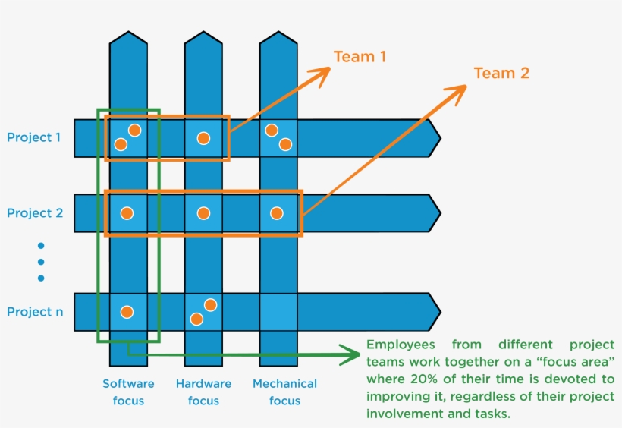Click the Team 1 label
point(360,57)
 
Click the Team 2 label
point(501,74)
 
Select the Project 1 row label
point(34,137)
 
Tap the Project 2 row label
point(34,213)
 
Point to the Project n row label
point(34,312)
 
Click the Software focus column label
point(128,392)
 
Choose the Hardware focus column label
point(203,392)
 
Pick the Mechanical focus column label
point(284,392)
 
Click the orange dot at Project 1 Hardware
point(203,138)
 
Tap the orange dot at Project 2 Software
point(127,213)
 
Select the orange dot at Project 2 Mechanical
point(277,213)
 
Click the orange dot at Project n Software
point(127,312)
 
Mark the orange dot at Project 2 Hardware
point(203,213)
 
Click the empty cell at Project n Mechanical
point(278,312)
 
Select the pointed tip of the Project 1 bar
point(438,138)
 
